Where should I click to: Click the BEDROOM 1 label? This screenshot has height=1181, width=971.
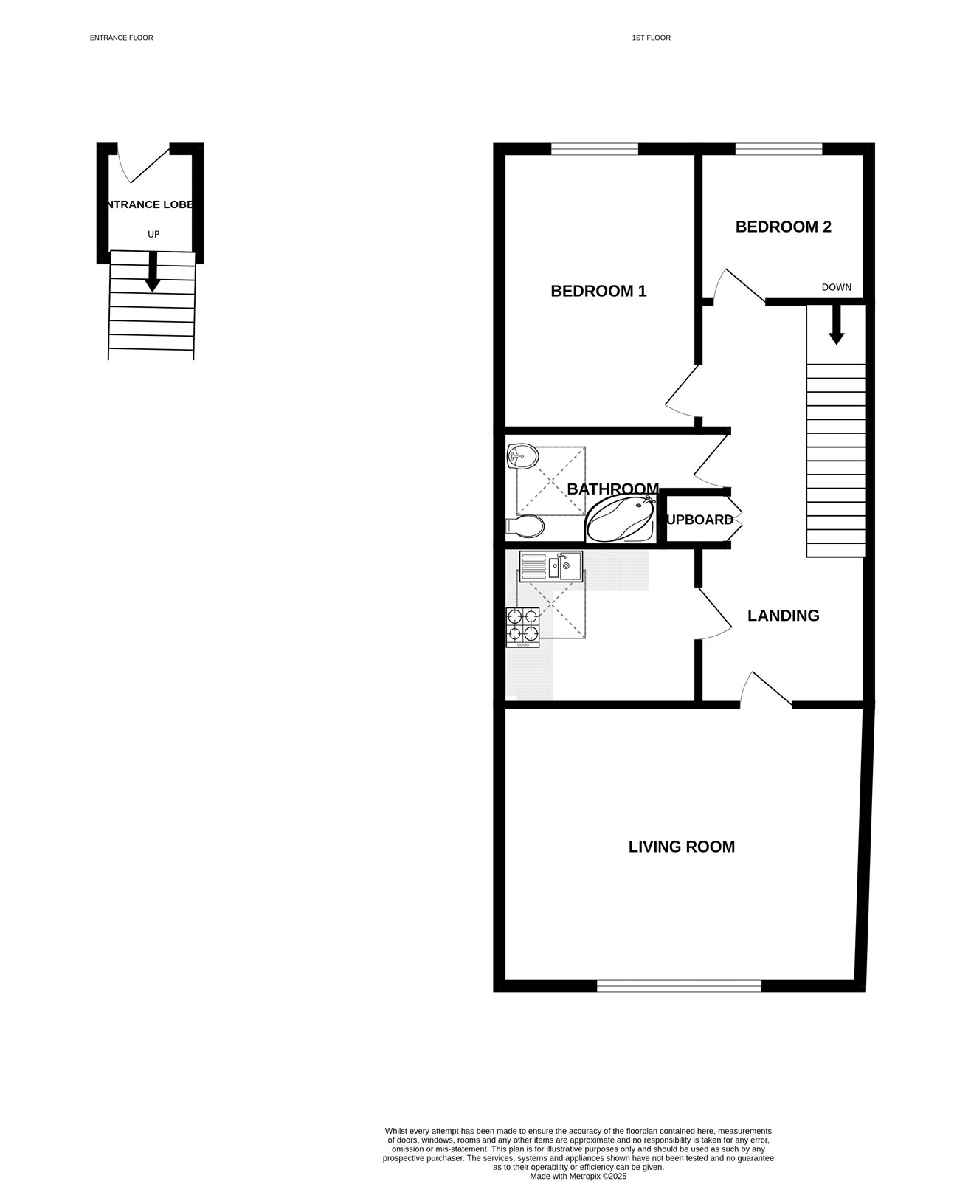pos(598,291)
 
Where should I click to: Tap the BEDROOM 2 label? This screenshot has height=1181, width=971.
pos(783,227)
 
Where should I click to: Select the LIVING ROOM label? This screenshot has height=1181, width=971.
pos(681,847)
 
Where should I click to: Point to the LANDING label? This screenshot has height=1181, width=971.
pos(783,616)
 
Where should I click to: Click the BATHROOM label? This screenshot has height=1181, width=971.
pos(612,489)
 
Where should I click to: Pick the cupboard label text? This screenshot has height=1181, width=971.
pos(699,520)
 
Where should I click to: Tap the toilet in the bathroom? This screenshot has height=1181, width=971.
pos(525,526)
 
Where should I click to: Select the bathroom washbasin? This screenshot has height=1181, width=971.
pos(522,456)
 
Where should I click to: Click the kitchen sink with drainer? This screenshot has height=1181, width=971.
pos(550,567)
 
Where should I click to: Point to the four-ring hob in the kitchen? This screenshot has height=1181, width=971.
pos(522,627)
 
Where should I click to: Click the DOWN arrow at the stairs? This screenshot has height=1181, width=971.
pos(836,326)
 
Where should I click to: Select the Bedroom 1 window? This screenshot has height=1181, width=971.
pos(594,149)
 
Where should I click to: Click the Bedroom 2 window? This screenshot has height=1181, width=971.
pos(778,149)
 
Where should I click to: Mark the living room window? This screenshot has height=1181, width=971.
pos(679,985)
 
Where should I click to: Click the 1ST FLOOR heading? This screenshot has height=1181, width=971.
pos(651,38)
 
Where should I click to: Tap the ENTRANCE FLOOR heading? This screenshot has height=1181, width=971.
pos(121,38)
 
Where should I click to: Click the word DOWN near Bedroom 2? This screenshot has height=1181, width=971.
pos(836,287)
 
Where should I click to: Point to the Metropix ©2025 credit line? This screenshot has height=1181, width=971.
pos(578,1176)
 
